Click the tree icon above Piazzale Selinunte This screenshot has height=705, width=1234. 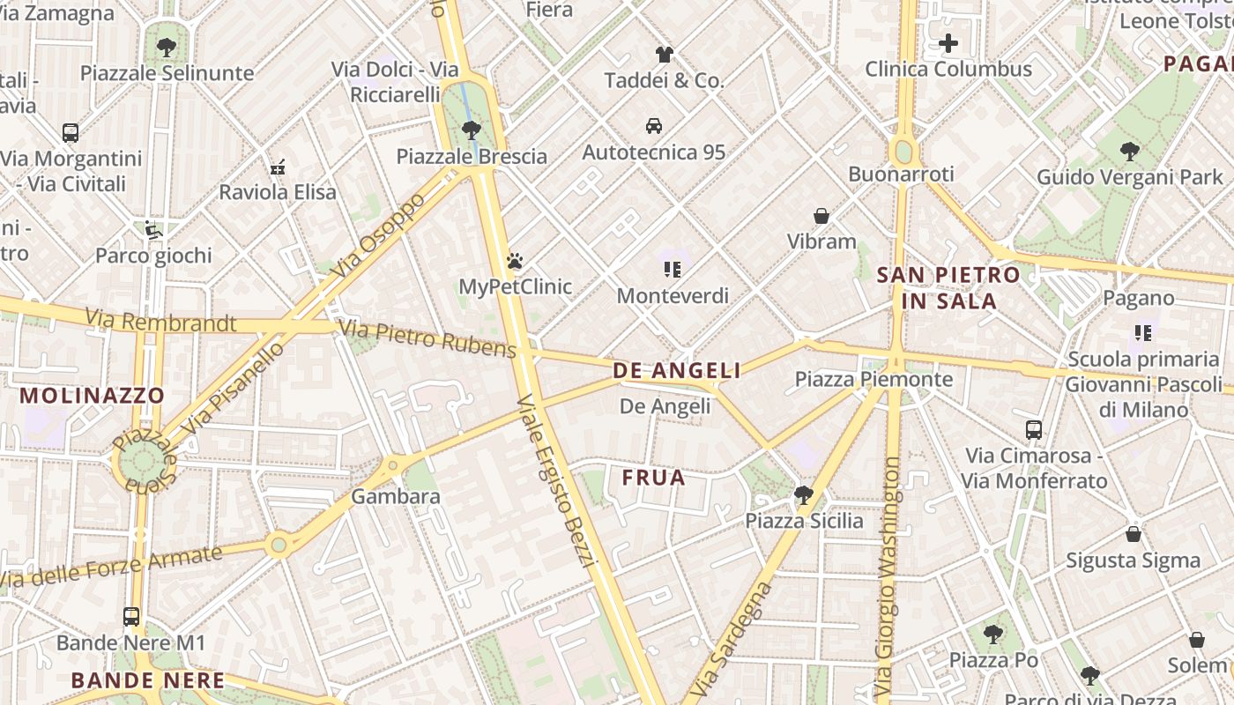[x=166, y=47]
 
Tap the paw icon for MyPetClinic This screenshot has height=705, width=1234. [x=515, y=261]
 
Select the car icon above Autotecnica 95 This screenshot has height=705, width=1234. [x=653, y=126]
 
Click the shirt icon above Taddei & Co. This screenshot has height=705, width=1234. [x=664, y=55]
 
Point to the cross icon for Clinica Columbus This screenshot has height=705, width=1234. [x=948, y=42]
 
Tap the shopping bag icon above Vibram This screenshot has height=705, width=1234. [x=821, y=215]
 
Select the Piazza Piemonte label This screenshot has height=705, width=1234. [x=873, y=379]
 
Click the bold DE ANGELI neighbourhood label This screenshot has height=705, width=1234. [x=677, y=371]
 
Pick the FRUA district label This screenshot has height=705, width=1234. [x=653, y=478]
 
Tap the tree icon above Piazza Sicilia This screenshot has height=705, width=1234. [x=803, y=495]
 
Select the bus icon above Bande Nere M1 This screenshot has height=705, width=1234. [x=131, y=617]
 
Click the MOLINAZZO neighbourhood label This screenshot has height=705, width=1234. [x=92, y=395]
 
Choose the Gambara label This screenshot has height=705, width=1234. [x=395, y=496]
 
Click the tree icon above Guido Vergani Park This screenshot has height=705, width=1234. [x=1129, y=152]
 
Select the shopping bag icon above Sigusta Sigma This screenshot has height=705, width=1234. [x=1133, y=535]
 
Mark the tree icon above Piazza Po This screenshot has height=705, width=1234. [x=992, y=634]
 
